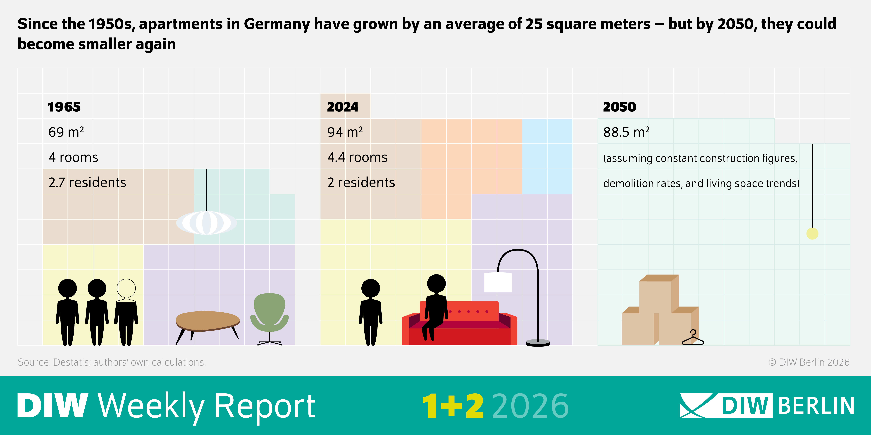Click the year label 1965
click(x=64, y=107)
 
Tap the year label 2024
click(x=343, y=107)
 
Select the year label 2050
click(x=619, y=107)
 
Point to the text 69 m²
click(x=66, y=132)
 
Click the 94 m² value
click(x=345, y=132)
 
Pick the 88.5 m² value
click(x=626, y=132)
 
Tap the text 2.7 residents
click(x=87, y=182)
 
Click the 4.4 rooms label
click(x=357, y=157)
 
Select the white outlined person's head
click(x=126, y=288)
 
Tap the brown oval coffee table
click(x=208, y=320)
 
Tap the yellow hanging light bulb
click(x=812, y=233)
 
